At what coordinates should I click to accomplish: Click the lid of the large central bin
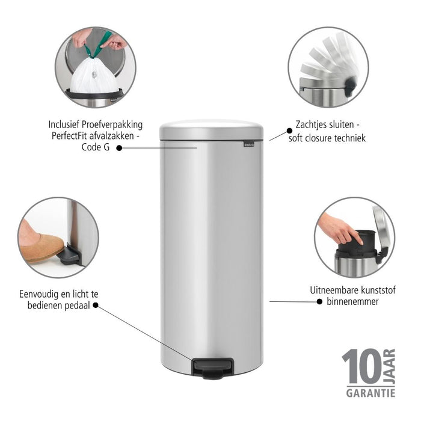pos(211,130)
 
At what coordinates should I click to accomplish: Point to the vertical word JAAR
pos(389,364)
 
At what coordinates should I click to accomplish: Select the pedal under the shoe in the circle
pos(70,256)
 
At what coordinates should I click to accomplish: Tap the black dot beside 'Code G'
pos(118,147)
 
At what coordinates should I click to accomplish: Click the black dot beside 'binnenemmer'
pos(319,301)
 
